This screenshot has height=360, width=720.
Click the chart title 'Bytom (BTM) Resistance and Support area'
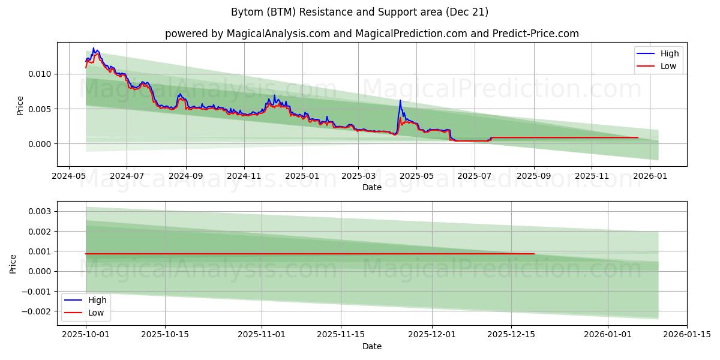coord(359,12)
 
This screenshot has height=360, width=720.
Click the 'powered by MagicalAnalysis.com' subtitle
coord(372,34)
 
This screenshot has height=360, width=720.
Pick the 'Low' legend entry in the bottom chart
coord(96,313)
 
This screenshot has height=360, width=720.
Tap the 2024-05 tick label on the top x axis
coord(69,176)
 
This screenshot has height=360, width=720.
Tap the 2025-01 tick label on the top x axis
coord(302,176)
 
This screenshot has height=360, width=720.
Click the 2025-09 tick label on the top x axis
coord(533,176)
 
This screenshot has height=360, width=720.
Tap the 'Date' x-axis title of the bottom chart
coord(372,346)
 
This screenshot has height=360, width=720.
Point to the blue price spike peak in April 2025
coord(400,100)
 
